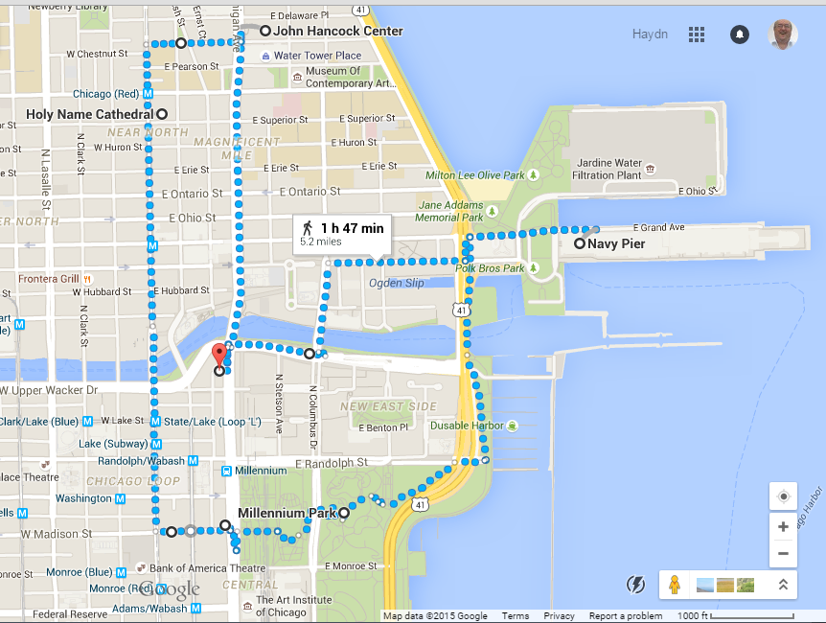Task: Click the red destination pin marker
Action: [x=218, y=354]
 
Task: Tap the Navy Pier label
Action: [x=616, y=244]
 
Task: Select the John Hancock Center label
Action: [x=337, y=32]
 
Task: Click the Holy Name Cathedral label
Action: [x=89, y=114]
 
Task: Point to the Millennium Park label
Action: [x=287, y=513]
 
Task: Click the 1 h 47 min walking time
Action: [x=352, y=228]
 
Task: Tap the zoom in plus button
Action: [x=783, y=526]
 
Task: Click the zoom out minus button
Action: [x=783, y=553]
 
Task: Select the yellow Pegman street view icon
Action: [x=675, y=584]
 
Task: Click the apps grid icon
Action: [x=697, y=35]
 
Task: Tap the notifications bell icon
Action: [x=739, y=35]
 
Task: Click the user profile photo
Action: [x=783, y=35]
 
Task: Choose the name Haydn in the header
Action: [x=650, y=35]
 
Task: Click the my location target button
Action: [x=783, y=496]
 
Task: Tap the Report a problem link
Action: [x=625, y=616]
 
